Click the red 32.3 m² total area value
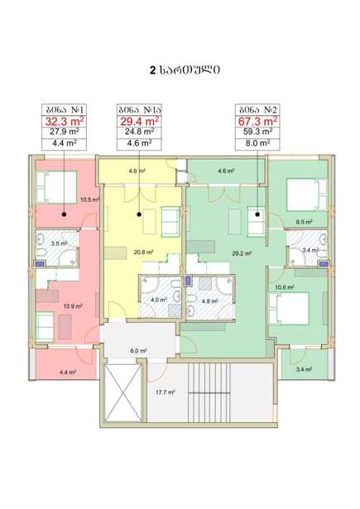(65, 122)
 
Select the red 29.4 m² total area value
(140, 122)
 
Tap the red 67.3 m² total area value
(257, 122)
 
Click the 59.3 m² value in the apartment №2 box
(257, 132)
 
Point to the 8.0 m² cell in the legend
(257, 143)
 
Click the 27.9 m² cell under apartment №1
(65, 132)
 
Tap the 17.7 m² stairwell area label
(166, 392)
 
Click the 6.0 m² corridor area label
(138, 351)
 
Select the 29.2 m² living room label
(242, 254)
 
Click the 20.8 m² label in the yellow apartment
(143, 252)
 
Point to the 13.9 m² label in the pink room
(73, 305)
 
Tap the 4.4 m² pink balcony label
(68, 372)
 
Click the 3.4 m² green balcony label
(305, 369)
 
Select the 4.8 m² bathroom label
(209, 301)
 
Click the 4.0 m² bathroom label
(159, 300)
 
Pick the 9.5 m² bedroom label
(305, 222)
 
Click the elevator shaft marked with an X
(123, 393)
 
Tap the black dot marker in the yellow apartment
(139, 214)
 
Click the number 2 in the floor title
(152, 70)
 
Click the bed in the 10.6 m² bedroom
(289, 309)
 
